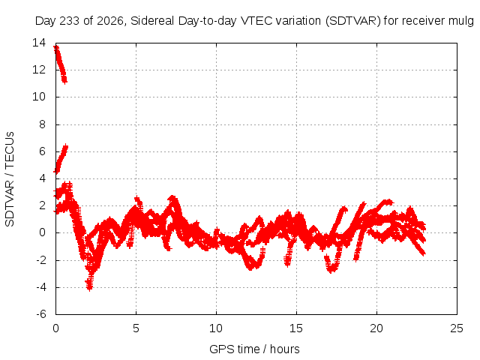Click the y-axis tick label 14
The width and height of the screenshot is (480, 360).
point(39,43)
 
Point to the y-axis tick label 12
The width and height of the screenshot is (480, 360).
point(39,70)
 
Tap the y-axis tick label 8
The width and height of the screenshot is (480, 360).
point(42,124)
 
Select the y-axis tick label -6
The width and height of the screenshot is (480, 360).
point(41,314)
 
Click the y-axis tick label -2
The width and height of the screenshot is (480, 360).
point(41,260)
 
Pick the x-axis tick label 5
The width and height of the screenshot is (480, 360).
point(136,328)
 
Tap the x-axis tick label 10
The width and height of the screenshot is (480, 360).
point(216,328)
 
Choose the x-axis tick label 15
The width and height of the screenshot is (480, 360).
point(296,328)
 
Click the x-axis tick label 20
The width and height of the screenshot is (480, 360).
point(376,328)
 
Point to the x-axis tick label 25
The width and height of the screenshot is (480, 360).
point(457,328)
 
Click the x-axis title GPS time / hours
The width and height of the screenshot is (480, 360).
point(254,349)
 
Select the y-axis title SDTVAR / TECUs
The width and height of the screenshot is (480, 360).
point(10,179)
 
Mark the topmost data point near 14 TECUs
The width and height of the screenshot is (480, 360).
point(56,47)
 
